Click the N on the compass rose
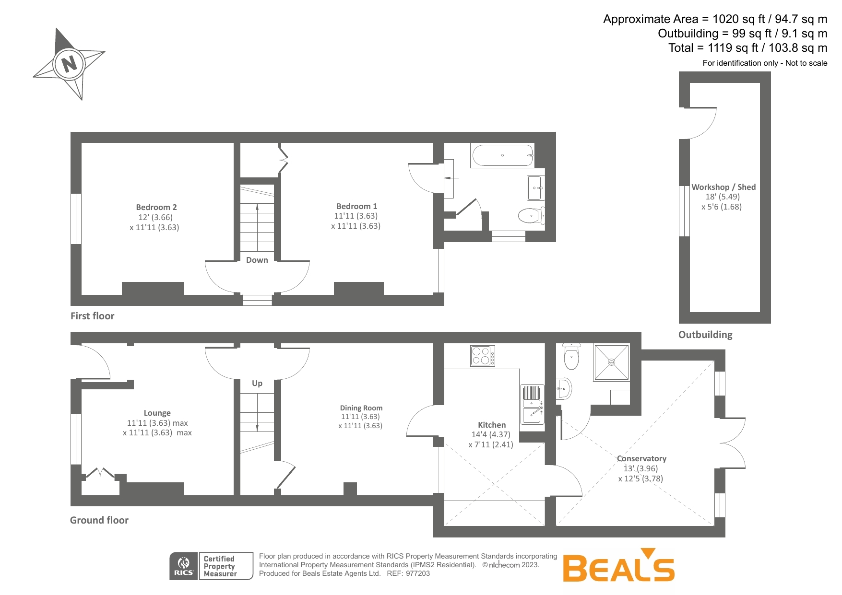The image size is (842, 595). [x=70, y=63]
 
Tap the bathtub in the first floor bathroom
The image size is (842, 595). [x=503, y=155]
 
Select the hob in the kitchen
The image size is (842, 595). [x=483, y=356]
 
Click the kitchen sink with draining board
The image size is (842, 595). [x=533, y=404]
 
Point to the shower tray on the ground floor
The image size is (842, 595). [x=611, y=362]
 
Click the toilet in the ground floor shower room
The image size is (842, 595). [x=571, y=357]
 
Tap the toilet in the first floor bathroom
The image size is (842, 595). [x=532, y=216]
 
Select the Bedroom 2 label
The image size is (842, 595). [x=156, y=207]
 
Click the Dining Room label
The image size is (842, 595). [x=361, y=408]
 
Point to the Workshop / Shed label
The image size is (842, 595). [x=723, y=187]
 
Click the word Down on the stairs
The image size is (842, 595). [x=257, y=260]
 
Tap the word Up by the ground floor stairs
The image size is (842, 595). [x=257, y=383]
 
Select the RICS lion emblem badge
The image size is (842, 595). [x=184, y=566]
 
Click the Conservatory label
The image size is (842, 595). [x=641, y=459]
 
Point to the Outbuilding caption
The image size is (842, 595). [x=705, y=335]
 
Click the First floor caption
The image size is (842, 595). [x=93, y=316]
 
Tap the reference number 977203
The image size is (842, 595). [x=418, y=573]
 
